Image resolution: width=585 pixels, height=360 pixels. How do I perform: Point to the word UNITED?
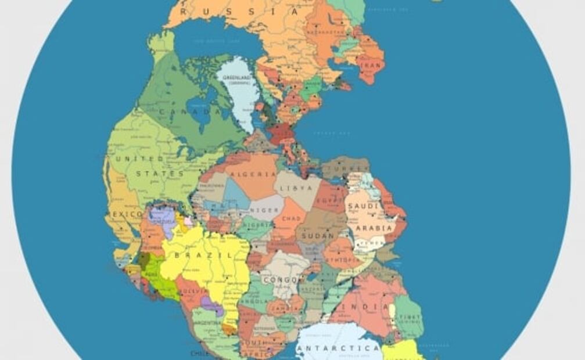(140, 158)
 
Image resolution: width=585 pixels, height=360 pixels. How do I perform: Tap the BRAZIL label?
(195, 255)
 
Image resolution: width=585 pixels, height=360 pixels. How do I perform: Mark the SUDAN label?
(318, 236)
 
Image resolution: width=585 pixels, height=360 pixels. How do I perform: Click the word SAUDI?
(363, 207)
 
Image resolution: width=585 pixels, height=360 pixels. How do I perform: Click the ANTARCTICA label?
(338, 348)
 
